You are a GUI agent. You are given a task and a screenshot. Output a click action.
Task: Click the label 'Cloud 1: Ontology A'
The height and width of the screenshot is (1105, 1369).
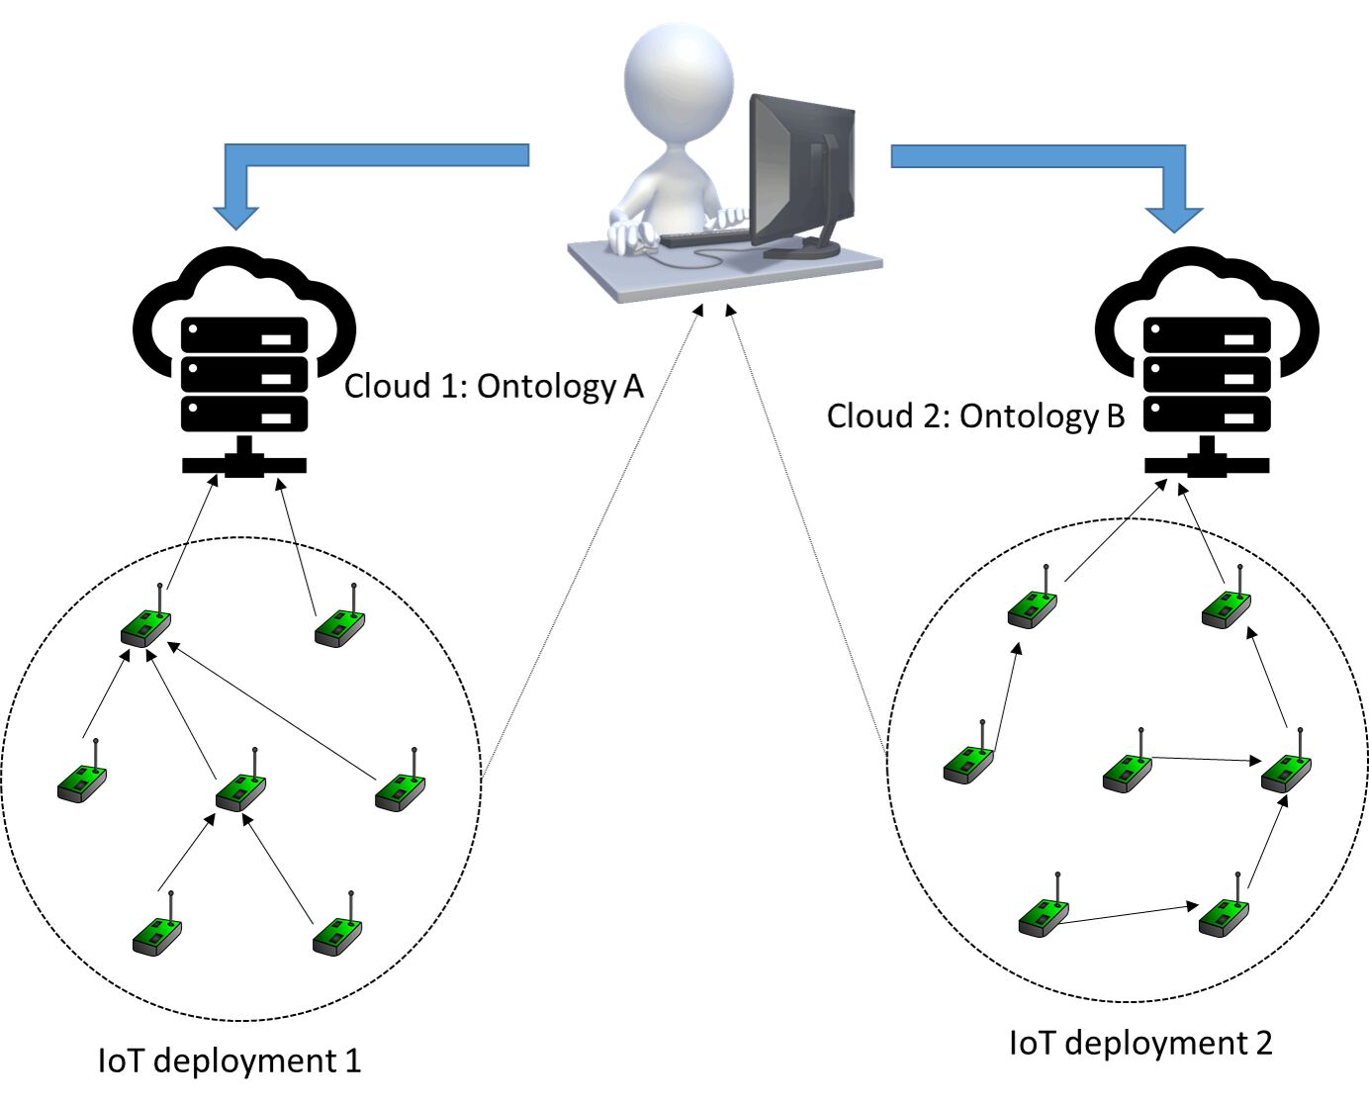point(494,387)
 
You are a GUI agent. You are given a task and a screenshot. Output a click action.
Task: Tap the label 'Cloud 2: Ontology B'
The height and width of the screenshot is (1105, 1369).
point(975,416)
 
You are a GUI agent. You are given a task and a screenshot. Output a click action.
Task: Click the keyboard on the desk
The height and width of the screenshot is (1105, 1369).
point(705,237)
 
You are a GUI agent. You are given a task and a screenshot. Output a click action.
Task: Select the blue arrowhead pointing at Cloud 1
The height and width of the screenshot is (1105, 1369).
point(235,218)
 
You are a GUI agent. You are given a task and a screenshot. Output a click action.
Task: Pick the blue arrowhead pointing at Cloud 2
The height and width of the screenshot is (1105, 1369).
point(1175,220)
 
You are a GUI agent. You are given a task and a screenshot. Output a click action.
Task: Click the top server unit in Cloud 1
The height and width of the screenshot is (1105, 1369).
point(244,334)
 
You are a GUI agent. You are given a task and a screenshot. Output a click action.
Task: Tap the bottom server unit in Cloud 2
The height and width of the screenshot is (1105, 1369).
point(1207,414)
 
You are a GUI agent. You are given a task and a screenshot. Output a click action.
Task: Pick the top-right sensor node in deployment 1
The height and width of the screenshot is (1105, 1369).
point(340,617)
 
